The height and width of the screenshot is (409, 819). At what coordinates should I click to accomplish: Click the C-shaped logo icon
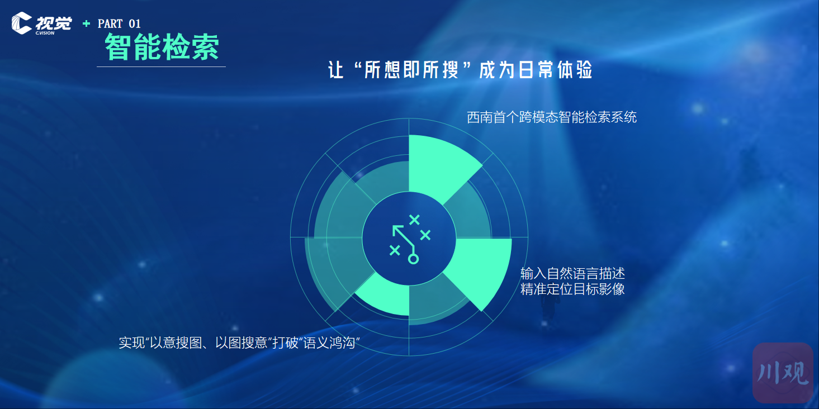pyautogui.click(x=21, y=23)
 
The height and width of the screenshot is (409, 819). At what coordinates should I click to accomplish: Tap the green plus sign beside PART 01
pyautogui.click(x=86, y=24)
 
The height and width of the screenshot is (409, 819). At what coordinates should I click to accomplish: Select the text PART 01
pyautogui.click(x=119, y=24)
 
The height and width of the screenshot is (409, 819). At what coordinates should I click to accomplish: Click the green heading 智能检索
pyautogui.click(x=162, y=47)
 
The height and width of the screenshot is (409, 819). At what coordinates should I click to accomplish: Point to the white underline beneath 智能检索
pyautogui.click(x=161, y=67)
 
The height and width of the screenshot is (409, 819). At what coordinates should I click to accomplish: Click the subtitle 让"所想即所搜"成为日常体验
pyautogui.click(x=460, y=70)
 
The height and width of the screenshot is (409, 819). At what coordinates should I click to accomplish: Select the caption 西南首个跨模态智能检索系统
pyautogui.click(x=552, y=117)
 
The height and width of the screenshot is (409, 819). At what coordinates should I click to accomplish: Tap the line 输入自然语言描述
pyautogui.click(x=572, y=273)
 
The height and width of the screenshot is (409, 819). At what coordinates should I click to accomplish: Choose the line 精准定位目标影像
pyautogui.click(x=572, y=289)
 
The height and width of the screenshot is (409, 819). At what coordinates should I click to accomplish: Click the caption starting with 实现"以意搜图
pyautogui.click(x=239, y=343)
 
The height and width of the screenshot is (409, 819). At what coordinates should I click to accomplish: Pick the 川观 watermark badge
pyautogui.click(x=783, y=373)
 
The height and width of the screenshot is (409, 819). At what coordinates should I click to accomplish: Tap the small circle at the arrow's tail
pyautogui.click(x=413, y=259)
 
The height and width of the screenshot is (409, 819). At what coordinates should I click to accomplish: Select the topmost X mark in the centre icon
pyautogui.click(x=414, y=220)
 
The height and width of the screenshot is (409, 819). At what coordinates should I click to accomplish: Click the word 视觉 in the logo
pyautogui.click(x=53, y=23)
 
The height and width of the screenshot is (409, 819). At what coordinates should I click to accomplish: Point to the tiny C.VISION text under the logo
pyautogui.click(x=45, y=33)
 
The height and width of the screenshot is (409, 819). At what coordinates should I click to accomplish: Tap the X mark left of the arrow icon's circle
pyautogui.click(x=395, y=250)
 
